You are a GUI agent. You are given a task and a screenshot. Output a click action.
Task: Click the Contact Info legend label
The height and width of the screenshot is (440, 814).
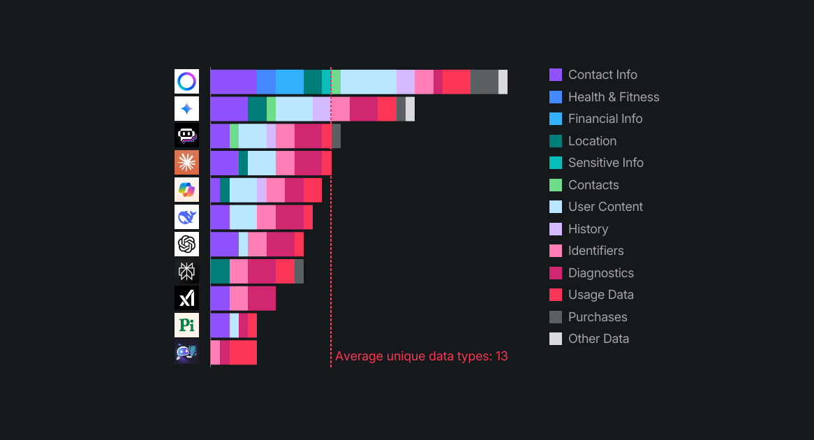[602, 75]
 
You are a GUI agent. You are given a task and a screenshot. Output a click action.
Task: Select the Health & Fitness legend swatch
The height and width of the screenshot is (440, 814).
[556, 97]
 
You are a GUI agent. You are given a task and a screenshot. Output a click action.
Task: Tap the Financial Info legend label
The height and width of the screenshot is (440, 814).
[605, 119]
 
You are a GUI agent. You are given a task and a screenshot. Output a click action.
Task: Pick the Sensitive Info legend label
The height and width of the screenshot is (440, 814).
[606, 163]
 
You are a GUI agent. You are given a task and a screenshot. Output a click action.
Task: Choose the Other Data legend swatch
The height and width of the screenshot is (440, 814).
[556, 339]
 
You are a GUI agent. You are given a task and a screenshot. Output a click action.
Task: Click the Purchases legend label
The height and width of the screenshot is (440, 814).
[598, 317]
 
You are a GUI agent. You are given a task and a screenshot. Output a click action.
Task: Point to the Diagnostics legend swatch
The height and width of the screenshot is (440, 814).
[556, 273]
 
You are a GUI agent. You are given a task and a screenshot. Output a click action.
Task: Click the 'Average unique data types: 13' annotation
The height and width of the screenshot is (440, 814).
[421, 356]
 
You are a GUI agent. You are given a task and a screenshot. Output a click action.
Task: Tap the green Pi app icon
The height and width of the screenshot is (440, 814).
[186, 325]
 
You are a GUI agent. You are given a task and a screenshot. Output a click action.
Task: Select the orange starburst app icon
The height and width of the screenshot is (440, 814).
[186, 163]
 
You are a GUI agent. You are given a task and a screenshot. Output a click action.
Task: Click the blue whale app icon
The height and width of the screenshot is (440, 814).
[186, 217]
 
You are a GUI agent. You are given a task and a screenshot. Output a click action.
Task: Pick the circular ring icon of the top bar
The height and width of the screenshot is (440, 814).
[186, 82]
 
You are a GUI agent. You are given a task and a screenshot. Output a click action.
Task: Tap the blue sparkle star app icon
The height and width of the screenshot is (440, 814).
[186, 109]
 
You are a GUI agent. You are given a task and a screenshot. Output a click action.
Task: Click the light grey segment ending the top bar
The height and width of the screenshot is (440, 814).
[503, 82]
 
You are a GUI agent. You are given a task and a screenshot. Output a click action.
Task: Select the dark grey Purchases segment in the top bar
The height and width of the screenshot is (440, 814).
[484, 82]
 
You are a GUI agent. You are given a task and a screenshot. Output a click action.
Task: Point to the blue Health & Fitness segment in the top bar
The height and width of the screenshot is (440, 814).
[266, 82]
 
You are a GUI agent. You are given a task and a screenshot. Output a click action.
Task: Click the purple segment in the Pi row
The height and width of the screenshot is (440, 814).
[220, 325]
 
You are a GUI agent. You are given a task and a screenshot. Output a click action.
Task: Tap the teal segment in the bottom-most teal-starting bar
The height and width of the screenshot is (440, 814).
[220, 272]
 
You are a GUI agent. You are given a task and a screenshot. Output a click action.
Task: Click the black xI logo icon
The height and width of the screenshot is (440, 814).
[186, 298]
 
